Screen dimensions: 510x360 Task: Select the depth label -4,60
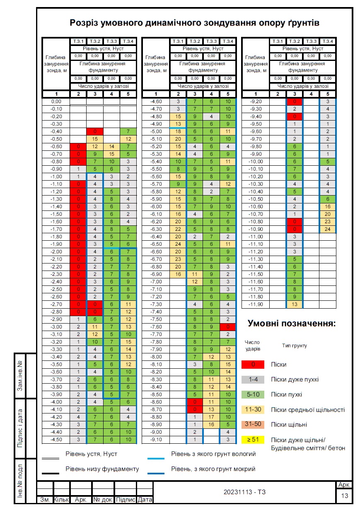coord(156,102)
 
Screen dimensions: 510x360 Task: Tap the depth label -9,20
coord(255,102)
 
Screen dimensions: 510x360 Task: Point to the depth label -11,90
coord(255,305)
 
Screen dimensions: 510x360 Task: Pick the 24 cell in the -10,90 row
coord(327,229)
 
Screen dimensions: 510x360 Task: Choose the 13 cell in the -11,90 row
coord(294,305)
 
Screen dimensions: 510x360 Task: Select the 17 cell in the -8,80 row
coord(211,416)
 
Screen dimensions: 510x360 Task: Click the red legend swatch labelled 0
coord(252,365)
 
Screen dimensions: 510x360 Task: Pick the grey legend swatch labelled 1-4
coord(252,379)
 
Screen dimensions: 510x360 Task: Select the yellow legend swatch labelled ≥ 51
coord(252,440)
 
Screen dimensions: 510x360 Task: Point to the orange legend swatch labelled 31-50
coord(252,425)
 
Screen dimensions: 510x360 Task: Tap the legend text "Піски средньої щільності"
coord(307,410)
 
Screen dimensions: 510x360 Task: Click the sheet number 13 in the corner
coord(343,495)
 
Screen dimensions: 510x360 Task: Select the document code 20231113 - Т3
coord(244,492)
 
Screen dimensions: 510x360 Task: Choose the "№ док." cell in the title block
coord(103,500)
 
